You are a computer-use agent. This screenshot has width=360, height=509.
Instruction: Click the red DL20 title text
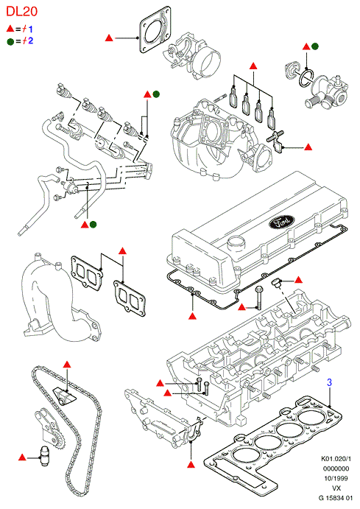pos(22,11)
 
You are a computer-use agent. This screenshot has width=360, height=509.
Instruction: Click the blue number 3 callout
pos(329,382)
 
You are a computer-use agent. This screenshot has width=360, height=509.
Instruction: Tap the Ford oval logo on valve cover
pos(281,222)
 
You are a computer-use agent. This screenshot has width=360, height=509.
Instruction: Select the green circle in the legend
pos(10,41)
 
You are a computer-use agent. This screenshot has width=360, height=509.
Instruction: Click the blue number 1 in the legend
pos(30,29)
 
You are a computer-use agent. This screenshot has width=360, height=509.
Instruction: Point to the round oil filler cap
pos(236,242)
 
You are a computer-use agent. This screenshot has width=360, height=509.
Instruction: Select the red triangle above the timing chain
pos(67,364)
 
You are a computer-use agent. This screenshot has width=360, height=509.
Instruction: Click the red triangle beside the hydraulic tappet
pos(22,457)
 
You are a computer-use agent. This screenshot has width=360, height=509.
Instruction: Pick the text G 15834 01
pos(336,498)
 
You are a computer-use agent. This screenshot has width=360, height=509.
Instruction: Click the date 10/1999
pos(336,479)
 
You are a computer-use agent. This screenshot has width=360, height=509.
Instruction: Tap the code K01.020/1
pos(336,459)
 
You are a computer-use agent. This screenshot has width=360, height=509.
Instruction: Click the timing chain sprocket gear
pos(57,440)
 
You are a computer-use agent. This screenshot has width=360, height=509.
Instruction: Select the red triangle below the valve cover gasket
pos(193,315)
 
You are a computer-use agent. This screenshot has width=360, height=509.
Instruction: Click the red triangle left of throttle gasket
pos(109,38)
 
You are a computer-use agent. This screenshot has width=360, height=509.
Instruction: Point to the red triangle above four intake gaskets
pos(253,66)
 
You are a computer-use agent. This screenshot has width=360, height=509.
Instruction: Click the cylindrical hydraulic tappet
pos(43,457)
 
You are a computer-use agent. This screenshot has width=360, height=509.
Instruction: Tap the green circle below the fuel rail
pos(93,224)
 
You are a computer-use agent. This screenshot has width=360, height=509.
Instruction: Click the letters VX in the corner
pos(336,488)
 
